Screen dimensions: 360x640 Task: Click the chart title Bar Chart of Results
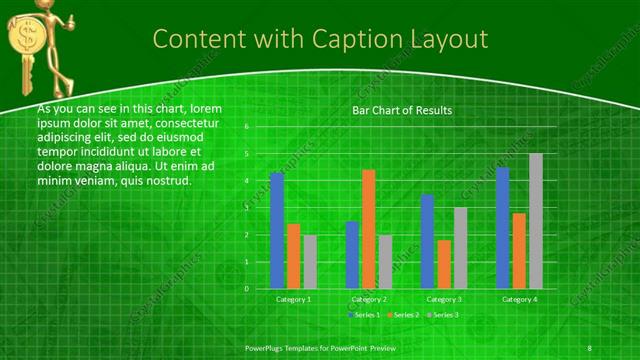point(401,110)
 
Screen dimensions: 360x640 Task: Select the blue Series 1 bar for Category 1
point(277,230)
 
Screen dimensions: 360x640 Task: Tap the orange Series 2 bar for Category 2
point(368,229)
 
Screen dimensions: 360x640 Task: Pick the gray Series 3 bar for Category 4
point(536,221)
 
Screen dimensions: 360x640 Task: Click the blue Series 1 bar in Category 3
point(427,241)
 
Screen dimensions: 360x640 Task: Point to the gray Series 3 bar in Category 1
point(310,262)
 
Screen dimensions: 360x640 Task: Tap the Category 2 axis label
point(368,299)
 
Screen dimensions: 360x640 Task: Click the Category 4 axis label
point(519,299)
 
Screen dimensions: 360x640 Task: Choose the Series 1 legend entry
point(364,315)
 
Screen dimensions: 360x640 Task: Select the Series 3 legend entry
point(443,315)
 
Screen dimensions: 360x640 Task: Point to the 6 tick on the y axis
point(246,128)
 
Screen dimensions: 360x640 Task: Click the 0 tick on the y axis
point(246,289)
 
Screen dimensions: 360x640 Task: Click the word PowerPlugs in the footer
point(267,347)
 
